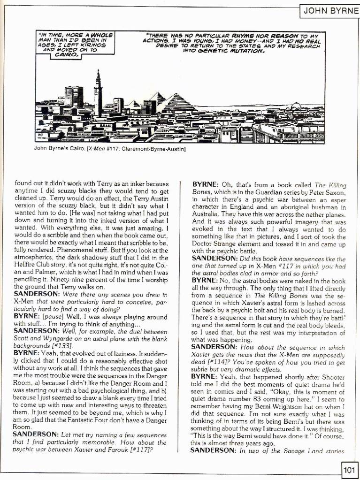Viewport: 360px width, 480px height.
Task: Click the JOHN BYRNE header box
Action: [x=329, y=10]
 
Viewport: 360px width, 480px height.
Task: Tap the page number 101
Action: [x=350, y=469]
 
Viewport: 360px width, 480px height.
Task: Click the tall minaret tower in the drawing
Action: [x=98, y=94]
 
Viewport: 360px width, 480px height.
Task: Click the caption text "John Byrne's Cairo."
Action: [x=59, y=150]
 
